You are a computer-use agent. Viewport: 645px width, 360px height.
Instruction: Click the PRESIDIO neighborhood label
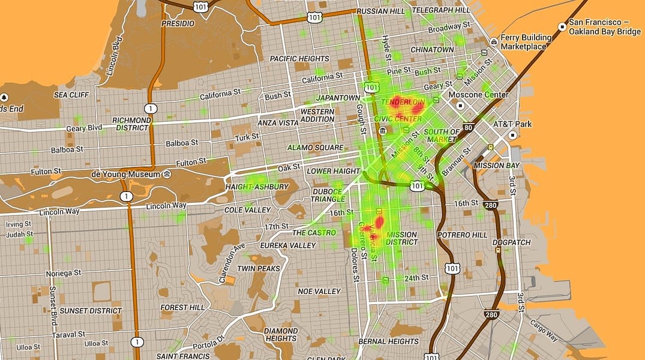click(x=178, y=23)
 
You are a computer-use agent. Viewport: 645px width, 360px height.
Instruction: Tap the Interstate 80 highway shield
click(x=469, y=127)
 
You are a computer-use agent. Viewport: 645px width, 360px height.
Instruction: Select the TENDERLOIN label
click(x=403, y=103)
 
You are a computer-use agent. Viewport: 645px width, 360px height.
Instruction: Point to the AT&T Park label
click(x=512, y=124)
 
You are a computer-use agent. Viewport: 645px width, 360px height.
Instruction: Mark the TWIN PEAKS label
click(x=259, y=268)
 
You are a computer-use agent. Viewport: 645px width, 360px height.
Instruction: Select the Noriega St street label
click(x=63, y=273)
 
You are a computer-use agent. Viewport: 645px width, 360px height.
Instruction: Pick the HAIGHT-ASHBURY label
click(x=257, y=187)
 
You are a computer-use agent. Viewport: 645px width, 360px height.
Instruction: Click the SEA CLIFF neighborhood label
click(x=71, y=95)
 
